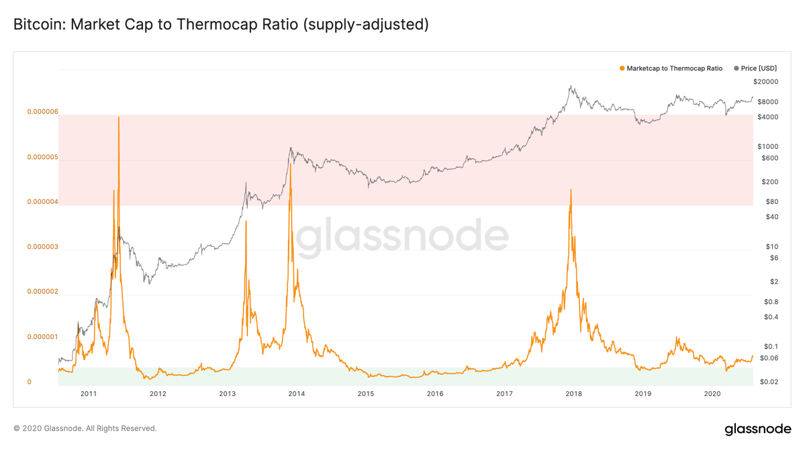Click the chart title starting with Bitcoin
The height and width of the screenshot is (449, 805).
coord(221,25)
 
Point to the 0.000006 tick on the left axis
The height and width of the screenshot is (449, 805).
coord(42,112)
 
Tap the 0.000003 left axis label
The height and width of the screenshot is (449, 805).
coord(42,247)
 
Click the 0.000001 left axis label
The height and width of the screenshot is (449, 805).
coord(42,337)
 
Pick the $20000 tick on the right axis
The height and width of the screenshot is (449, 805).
coord(765,82)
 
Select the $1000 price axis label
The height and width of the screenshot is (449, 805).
coord(767,146)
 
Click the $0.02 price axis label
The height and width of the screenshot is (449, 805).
coord(769,382)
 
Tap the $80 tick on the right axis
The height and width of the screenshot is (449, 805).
coord(771,201)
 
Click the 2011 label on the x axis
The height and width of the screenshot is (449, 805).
coord(89,394)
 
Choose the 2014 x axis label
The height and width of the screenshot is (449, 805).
coord(296,394)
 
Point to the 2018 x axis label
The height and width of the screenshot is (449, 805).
coord(573,394)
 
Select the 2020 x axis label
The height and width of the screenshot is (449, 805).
coord(712,394)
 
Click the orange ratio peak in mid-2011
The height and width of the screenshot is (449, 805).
coord(119,118)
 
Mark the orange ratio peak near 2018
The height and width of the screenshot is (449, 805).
coord(571,190)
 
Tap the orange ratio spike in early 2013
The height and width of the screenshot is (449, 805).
coord(246,222)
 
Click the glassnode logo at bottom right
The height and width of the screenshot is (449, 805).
coord(758,429)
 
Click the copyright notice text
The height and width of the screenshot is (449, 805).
coord(85,428)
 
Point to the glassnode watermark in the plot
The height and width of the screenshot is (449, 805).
coord(402,238)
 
